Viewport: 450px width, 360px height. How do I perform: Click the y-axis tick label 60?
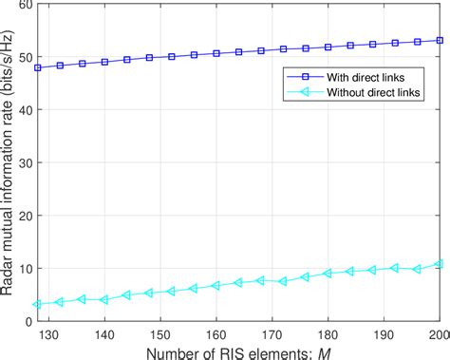click(26, 6)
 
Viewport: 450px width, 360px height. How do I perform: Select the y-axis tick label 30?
click(26, 163)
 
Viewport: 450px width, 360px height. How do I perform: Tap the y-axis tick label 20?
click(26, 216)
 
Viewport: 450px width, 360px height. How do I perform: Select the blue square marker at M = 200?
click(441, 40)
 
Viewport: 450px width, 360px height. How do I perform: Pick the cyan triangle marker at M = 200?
click(441, 263)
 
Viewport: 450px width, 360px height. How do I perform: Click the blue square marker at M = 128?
click(38, 67)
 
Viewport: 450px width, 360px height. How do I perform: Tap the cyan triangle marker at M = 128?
click(38, 305)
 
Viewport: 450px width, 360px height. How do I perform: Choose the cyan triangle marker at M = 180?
click(328, 274)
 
